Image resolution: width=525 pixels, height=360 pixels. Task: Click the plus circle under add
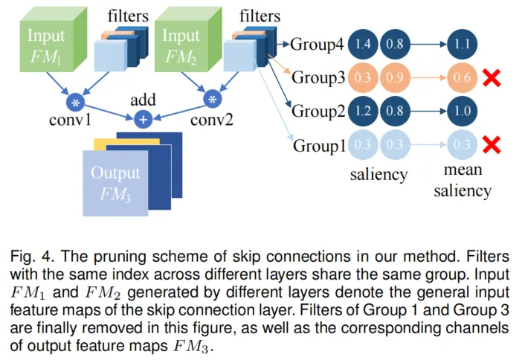point(144,118)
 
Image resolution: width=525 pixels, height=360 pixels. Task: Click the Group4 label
point(318,45)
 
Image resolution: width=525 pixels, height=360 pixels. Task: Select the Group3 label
point(318,77)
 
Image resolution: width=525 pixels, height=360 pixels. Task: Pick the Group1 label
point(318,145)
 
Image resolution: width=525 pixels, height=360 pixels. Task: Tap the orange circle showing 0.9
point(396,77)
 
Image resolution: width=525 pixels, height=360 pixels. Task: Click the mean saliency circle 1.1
point(463,45)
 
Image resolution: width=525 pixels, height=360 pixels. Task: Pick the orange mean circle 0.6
point(463,77)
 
